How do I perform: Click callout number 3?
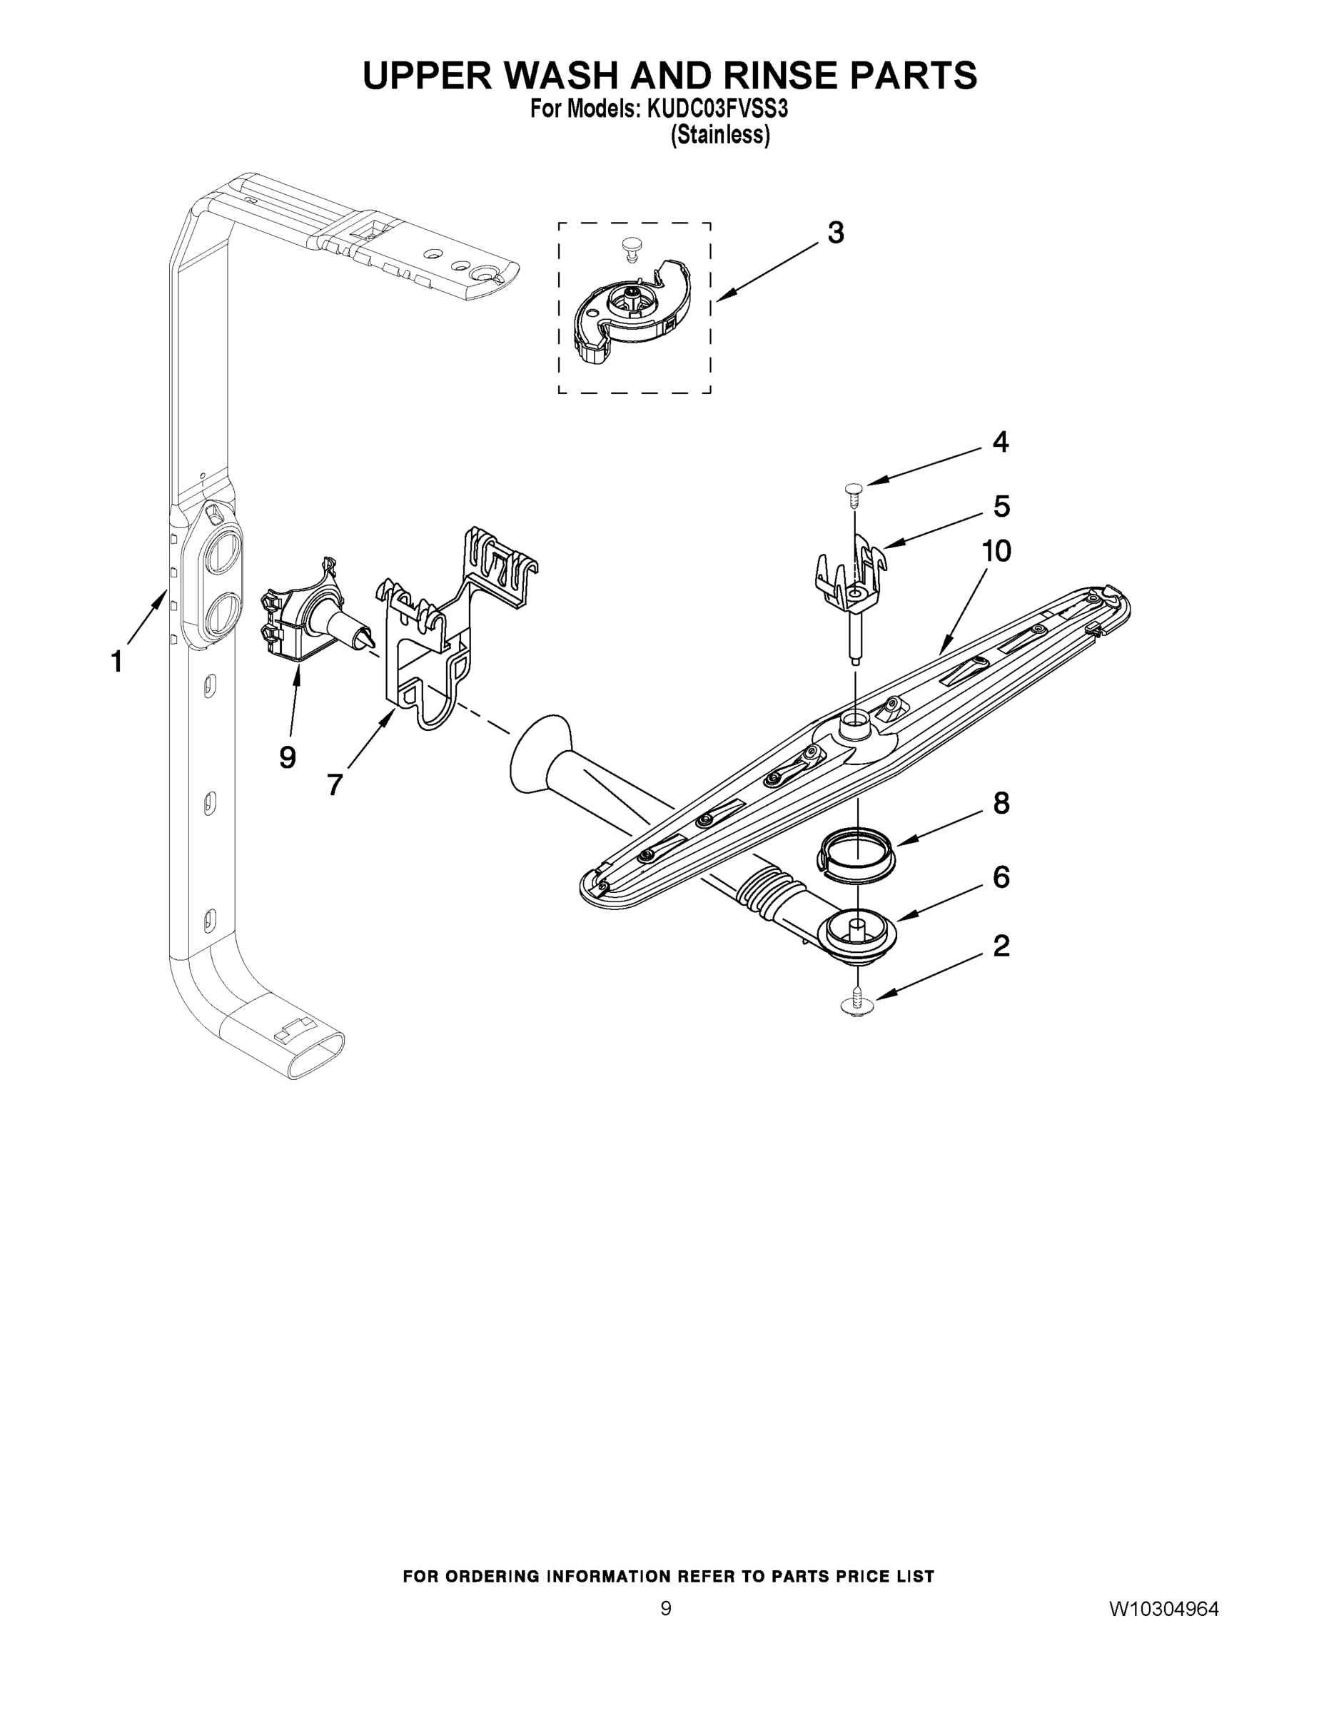835,233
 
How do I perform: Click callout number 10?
996,552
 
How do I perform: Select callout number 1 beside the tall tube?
116,661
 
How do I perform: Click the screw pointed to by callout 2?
859,1006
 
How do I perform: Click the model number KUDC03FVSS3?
716,109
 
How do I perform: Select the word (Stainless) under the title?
719,136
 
